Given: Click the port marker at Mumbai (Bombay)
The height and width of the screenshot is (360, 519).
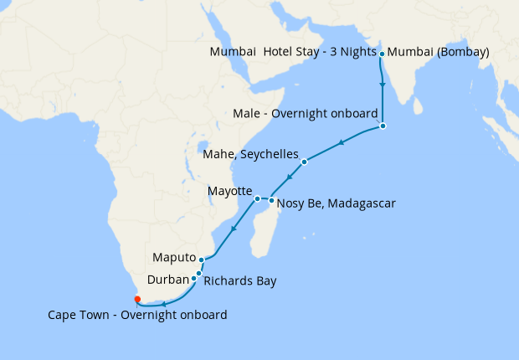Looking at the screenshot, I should (x=383, y=54).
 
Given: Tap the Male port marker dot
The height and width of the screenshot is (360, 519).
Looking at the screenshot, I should (x=383, y=126).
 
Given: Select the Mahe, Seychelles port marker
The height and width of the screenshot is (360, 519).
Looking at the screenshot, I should (x=305, y=162).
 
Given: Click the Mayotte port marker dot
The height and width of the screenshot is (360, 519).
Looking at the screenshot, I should (x=257, y=198).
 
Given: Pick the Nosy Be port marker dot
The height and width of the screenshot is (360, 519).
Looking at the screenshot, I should (x=271, y=200).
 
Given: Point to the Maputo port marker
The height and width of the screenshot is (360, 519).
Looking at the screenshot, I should (x=202, y=260).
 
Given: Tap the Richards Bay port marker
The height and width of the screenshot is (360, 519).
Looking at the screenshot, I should (x=198, y=273).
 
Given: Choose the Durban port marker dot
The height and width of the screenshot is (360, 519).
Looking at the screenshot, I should (x=194, y=279).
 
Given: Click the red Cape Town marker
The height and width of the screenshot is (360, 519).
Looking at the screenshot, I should (x=137, y=299).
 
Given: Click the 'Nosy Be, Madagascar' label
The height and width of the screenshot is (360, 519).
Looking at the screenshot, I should (x=336, y=203).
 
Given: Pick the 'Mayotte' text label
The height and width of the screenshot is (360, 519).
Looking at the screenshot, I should (x=229, y=192).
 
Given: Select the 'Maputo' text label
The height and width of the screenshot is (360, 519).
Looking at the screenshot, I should (x=173, y=257).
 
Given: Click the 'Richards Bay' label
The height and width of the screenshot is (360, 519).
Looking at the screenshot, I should (x=239, y=280).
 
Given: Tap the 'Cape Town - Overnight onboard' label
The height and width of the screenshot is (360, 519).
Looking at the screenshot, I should (x=137, y=315).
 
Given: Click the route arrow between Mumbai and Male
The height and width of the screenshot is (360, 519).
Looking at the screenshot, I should (x=383, y=85).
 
